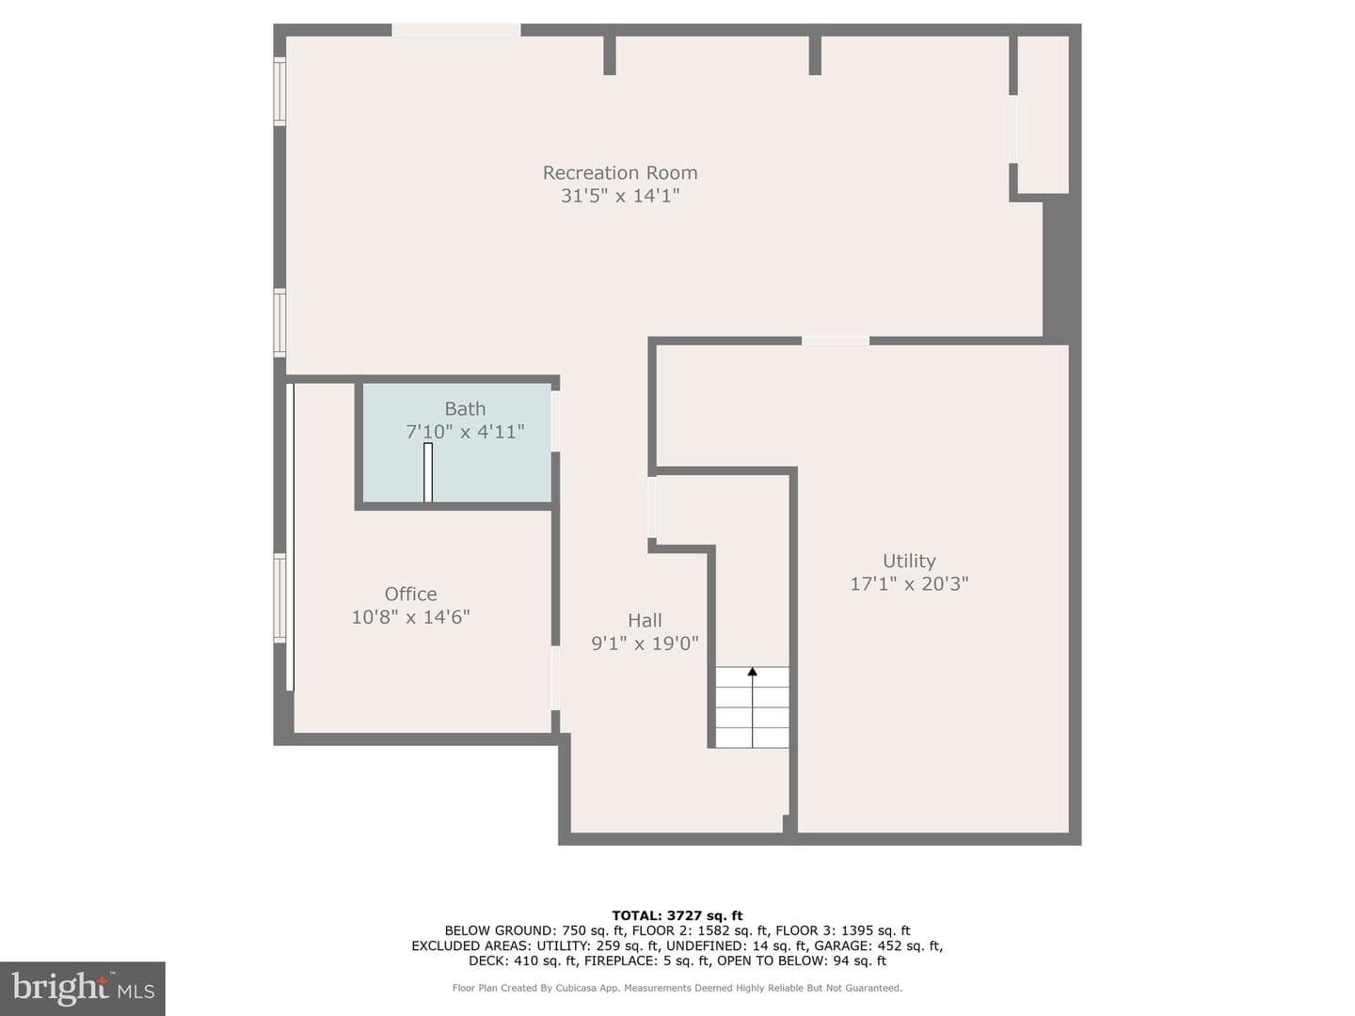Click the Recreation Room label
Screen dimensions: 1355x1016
(620, 173)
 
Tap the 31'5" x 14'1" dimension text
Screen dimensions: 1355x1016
(620, 196)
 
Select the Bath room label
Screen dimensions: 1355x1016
(465, 408)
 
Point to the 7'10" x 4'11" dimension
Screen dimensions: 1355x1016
(465, 431)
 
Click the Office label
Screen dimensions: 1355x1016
(410, 594)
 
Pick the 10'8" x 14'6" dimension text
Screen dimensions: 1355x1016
(410, 616)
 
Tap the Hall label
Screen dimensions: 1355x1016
(645, 620)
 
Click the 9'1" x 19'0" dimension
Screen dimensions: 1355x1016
(645, 643)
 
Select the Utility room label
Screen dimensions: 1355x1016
(909, 561)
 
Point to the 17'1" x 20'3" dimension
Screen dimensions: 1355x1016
(909, 583)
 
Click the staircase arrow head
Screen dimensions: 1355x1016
(752, 671)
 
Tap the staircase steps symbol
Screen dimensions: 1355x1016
(752, 706)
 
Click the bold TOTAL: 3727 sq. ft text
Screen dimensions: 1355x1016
(677, 915)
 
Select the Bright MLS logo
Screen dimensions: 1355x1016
(83, 988)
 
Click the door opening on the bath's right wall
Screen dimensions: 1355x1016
(555, 421)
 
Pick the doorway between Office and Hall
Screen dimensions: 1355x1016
(555, 677)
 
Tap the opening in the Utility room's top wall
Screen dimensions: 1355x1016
(836, 341)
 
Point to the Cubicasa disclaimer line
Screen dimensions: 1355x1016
(677, 988)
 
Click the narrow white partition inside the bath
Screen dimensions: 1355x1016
(428, 472)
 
